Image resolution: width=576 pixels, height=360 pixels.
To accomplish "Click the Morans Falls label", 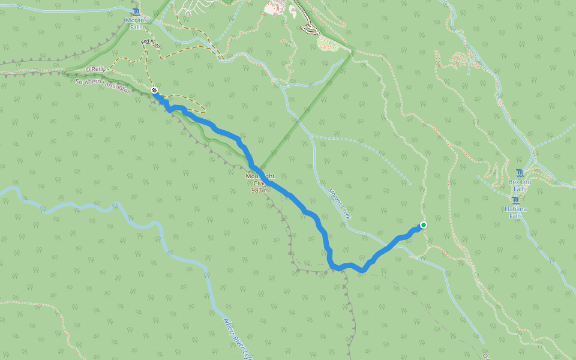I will coord(137,23).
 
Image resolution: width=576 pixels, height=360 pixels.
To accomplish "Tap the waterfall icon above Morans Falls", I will coord(137,12).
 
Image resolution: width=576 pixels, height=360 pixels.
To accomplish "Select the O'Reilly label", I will coord(95,70).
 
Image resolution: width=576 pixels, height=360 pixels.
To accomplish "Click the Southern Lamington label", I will coord(103,85).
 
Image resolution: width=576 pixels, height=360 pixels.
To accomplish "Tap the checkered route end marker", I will coord(155,90).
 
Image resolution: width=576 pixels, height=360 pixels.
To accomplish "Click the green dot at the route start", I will coord(424,225).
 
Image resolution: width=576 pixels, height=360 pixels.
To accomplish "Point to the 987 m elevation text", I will coord(260,190).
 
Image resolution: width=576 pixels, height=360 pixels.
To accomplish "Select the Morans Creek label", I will coord(339,203).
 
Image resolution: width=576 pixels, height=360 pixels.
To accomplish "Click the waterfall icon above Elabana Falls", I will coord(515,200).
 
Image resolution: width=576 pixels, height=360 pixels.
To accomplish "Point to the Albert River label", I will coord(236,336).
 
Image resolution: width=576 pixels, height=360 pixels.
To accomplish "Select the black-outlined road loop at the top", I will coord(309,29).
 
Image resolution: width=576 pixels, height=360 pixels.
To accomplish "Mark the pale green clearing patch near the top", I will coord(328,41).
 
